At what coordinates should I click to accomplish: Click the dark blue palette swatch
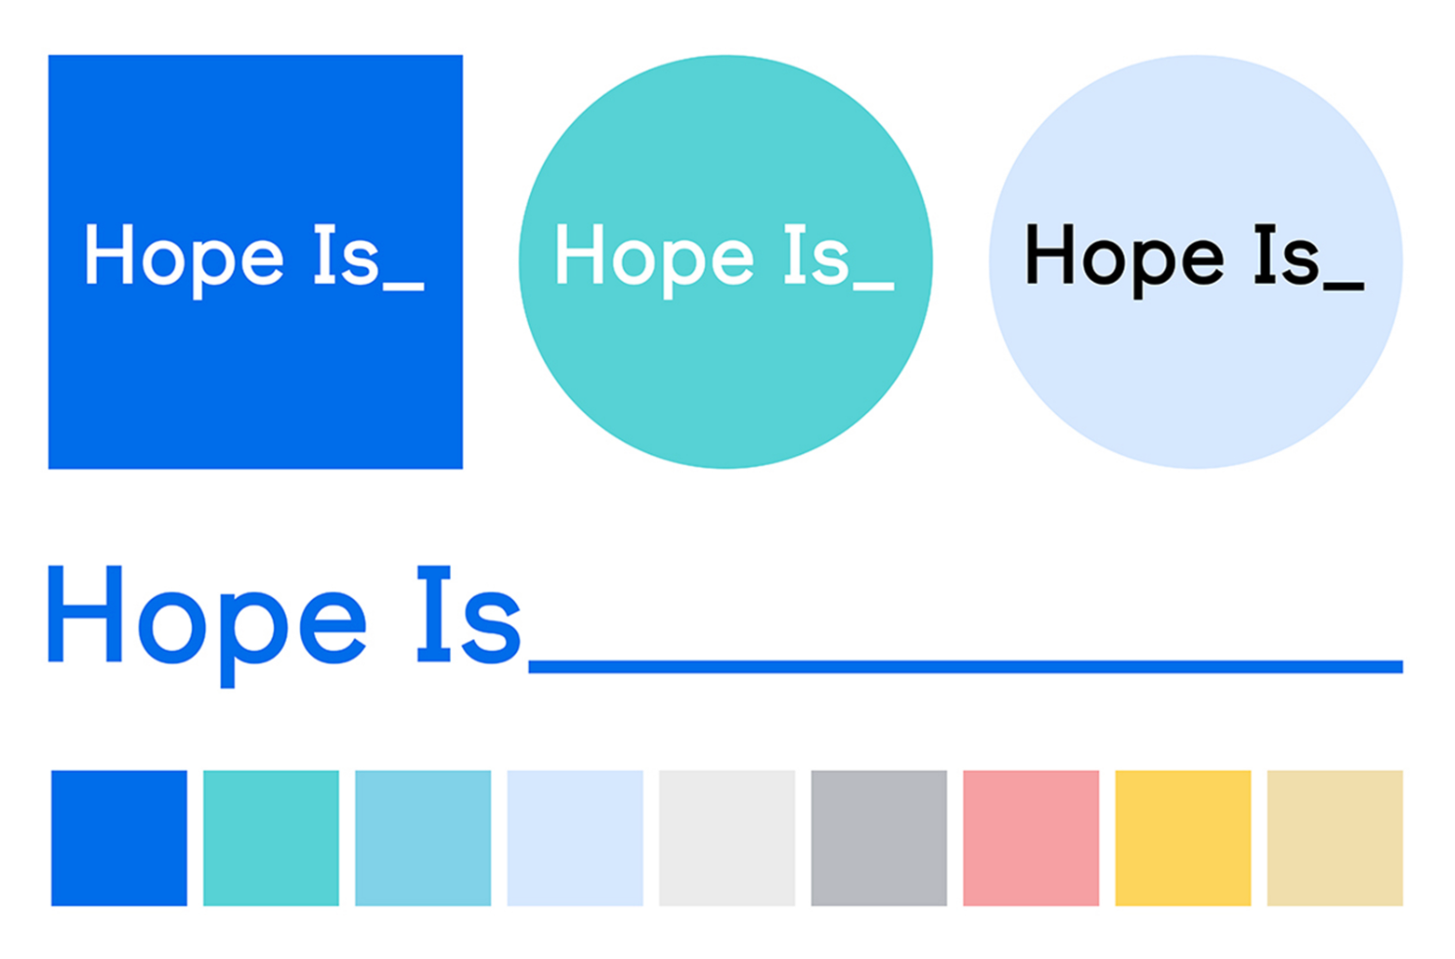[119, 838]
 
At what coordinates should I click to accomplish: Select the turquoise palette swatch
[271, 838]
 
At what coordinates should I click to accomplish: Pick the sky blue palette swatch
[422, 838]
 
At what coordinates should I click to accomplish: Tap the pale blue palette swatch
[575, 838]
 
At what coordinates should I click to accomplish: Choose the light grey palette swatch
[727, 838]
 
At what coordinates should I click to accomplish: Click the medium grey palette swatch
[879, 838]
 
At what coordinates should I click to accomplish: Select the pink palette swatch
[1031, 838]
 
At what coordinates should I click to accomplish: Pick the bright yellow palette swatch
[1183, 838]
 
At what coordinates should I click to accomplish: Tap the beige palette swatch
[1335, 838]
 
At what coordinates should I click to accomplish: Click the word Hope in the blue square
[185, 260]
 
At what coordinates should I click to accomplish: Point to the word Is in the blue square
[346, 254]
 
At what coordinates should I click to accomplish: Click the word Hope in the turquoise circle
[654, 260]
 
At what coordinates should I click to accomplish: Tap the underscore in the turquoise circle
[873, 286]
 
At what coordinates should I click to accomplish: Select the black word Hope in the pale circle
[1124, 260]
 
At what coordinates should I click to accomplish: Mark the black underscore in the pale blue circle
[1344, 286]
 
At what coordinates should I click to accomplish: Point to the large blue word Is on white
[469, 615]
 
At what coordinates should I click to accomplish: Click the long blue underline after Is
[966, 667]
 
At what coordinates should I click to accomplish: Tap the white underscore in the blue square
[404, 286]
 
